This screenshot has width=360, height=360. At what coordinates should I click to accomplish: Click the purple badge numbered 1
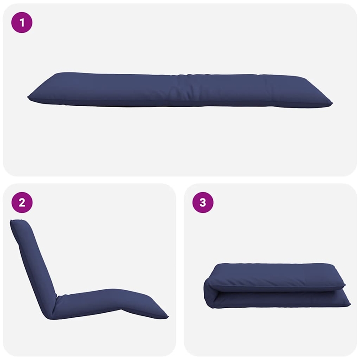[22, 22]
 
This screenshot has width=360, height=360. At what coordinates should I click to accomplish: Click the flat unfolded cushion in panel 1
[180, 90]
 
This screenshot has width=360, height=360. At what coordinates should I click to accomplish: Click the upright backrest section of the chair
[34, 261]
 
